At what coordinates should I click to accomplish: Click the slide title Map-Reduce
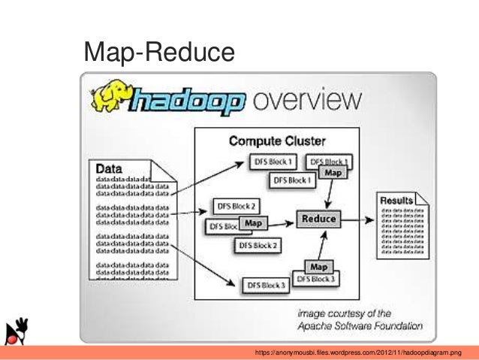tap(159, 52)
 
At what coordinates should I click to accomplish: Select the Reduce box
tap(319, 219)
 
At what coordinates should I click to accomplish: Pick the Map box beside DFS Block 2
tap(255, 223)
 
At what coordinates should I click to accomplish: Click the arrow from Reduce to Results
tap(358, 219)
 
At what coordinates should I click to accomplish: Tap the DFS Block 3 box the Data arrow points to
tap(264, 286)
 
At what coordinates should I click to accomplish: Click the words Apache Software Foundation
tap(360, 326)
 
